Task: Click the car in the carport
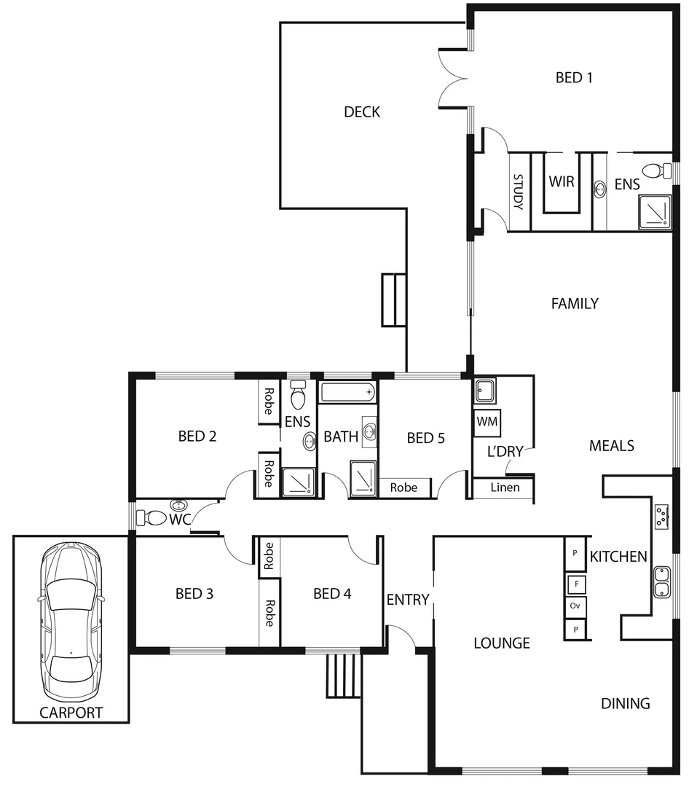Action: (71, 622)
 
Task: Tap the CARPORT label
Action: (71, 713)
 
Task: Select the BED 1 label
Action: (573, 77)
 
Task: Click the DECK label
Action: (362, 112)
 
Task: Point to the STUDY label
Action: (519, 192)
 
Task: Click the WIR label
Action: (562, 181)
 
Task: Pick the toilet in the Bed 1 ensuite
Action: (661, 171)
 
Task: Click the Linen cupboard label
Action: (505, 487)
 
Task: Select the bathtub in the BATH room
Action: (349, 393)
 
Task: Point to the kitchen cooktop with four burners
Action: (661, 516)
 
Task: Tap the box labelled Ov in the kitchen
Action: (575, 606)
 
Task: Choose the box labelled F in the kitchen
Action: (575, 584)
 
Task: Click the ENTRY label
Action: (407, 600)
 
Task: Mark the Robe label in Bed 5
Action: (403, 487)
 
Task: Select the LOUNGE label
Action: (501, 643)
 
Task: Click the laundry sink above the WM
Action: (484, 391)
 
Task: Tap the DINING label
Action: (625, 703)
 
